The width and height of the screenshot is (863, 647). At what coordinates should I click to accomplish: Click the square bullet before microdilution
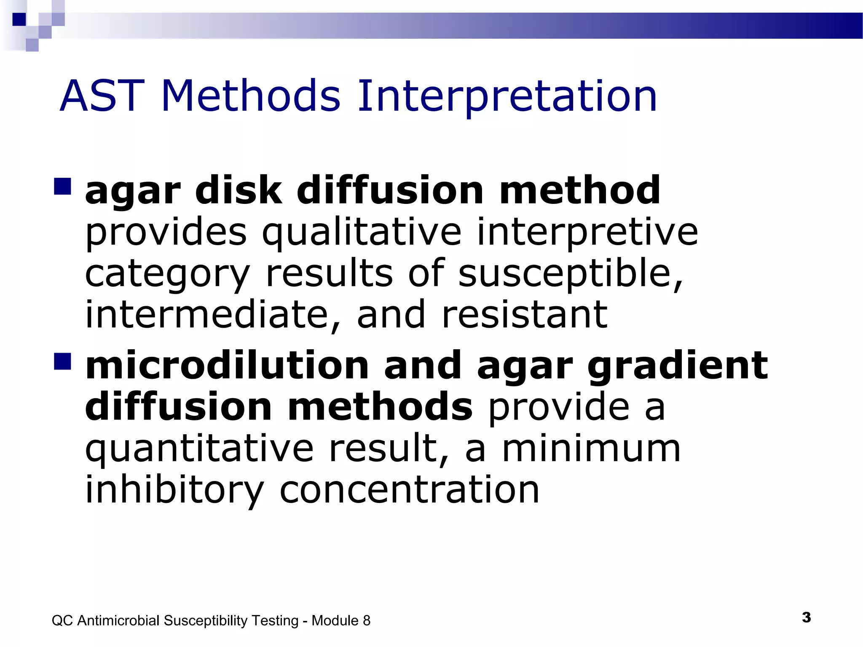[x=62, y=361]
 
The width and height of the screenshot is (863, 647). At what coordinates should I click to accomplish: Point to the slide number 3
[x=806, y=618]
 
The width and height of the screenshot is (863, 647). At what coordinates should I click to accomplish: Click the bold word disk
[x=239, y=190]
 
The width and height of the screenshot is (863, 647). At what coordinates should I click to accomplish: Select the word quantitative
[x=199, y=449]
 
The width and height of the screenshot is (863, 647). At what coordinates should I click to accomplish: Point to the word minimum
[x=591, y=449]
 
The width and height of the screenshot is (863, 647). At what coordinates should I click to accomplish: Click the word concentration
[x=409, y=490]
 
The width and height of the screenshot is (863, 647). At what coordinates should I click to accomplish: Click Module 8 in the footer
[x=340, y=620]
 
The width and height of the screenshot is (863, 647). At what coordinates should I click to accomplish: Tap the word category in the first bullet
[x=168, y=274]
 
